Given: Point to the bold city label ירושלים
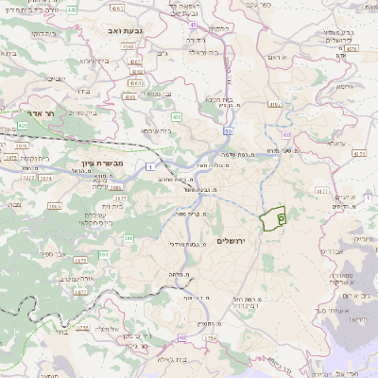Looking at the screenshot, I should click(x=230, y=241).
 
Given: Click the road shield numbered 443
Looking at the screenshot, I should click(x=74, y=10).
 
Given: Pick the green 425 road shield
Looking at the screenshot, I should click(x=22, y=124).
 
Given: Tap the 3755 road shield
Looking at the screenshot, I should click(x=82, y=326).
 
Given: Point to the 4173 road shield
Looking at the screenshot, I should click(x=358, y=151).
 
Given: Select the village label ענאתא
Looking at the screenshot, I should click(x=335, y=143).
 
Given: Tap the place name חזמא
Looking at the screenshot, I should click(x=338, y=86).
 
